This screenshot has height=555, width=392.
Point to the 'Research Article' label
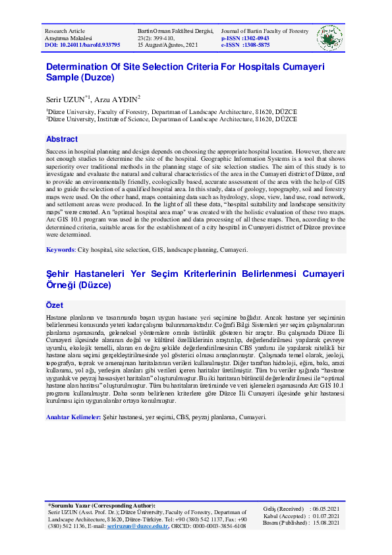point(65,32)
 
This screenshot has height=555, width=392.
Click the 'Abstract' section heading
point(62,140)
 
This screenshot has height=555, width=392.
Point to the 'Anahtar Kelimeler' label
point(72,417)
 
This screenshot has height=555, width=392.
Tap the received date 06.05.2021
point(325,509)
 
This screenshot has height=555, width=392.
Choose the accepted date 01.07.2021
point(325,516)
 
